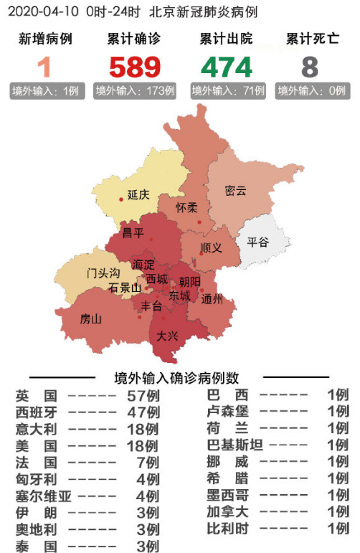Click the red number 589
click(135, 67)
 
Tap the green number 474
click(226, 67)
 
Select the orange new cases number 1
click(45, 67)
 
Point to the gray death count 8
click(310, 67)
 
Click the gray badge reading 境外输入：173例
click(136, 92)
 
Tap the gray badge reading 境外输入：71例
click(227, 92)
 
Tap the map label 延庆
click(138, 194)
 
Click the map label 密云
click(235, 191)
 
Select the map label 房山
click(91, 318)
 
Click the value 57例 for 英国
click(143, 396)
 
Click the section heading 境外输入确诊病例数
click(177, 378)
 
